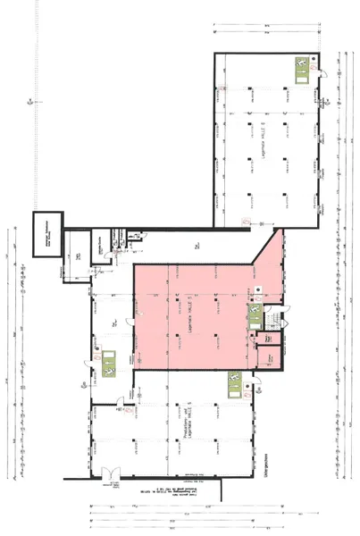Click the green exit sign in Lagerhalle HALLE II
(301, 66)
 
